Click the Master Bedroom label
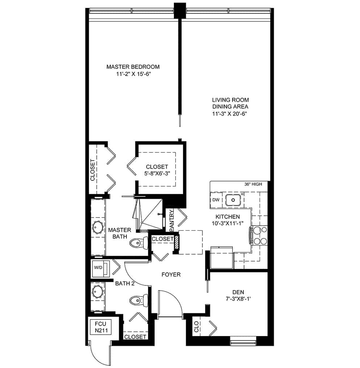[133, 67]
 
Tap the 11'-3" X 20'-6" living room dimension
[230, 114]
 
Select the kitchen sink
[233, 200]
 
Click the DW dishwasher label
[216, 200]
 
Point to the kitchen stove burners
[260, 236]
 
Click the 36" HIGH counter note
[253, 184]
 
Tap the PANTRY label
[172, 220]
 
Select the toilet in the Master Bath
[138, 243]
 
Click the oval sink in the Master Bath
[98, 227]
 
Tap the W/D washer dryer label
[98, 268]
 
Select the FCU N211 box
[101, 327]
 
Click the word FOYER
[171, 275]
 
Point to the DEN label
[238, 292]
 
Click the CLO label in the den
[197, 327]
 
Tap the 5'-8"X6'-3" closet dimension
[157, 173]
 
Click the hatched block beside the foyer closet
[177, 242]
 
